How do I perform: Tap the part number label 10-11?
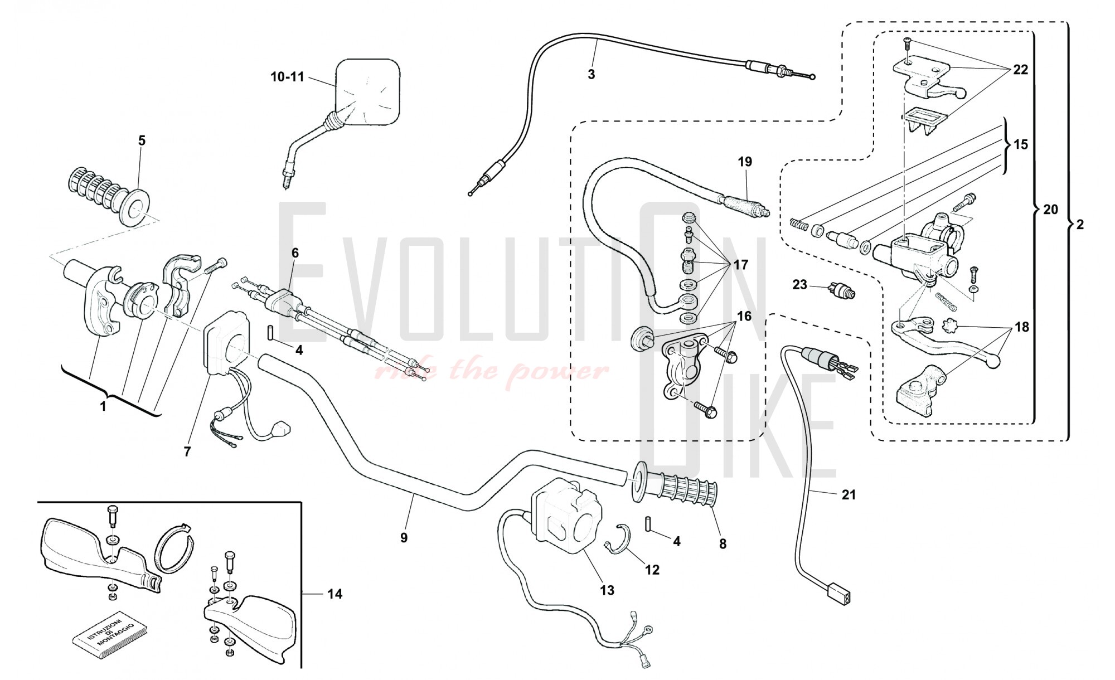pyautogui.click(x=287, y=77)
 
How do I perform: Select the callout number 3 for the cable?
pyautogui.click(x=591, y=74)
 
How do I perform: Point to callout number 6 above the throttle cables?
pyautogui.click(x=295, y=253)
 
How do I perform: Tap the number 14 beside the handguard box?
pyautogui.click(x=334, y=594)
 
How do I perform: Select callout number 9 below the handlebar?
pyautogui.click(x=404, y=537)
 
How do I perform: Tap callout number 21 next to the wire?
pyautogui.click(x=849, y=494)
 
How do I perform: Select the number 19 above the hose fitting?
pyautogui.click(x=745, y=162)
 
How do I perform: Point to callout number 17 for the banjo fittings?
pyautogui.click(x=740, y=265)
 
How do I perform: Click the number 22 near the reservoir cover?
pyautogui.click(x=1020, y=70)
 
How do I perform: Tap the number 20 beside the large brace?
pyautogui.click(x=1050, y=210)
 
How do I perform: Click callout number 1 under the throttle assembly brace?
pyautogui.click(x=103, y=407)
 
